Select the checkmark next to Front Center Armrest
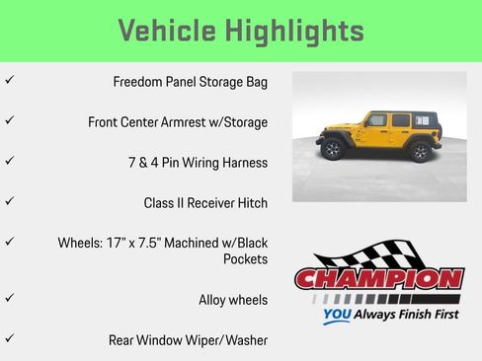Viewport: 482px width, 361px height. tap(9, 120)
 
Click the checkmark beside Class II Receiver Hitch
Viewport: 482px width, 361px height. tap(9, 201)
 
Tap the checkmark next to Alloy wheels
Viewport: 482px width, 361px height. tap(9, 297)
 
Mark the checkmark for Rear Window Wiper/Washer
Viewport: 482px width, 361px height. tap(9, 338)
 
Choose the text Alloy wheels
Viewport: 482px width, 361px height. tap(233, 299)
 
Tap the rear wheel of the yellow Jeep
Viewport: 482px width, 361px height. tap(420, 152)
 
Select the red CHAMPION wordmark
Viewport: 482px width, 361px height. tap(379, 279)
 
